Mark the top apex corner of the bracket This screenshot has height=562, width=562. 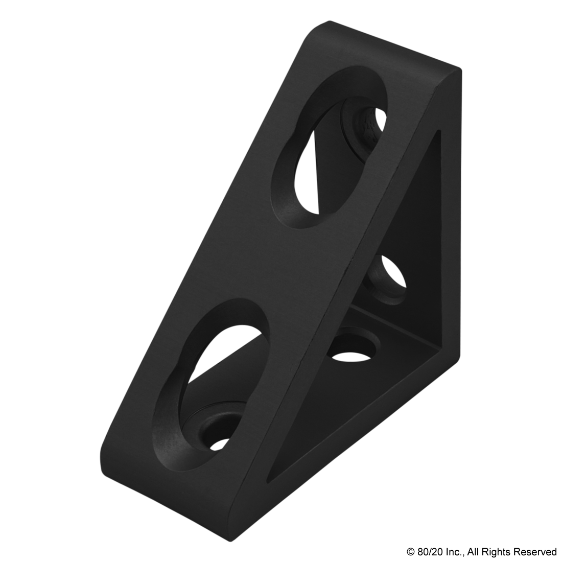[327, 23]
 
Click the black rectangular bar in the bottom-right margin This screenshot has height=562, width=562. [481, 552]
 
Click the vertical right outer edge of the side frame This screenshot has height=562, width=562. [452, 215]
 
